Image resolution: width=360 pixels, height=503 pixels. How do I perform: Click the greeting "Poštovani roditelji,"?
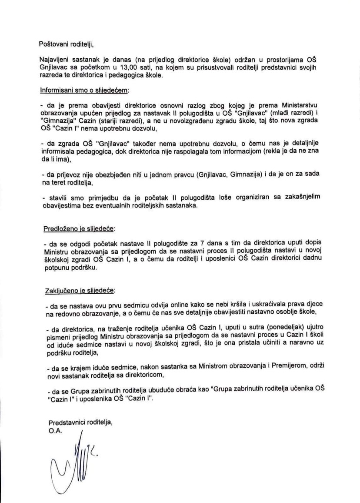[67, 44]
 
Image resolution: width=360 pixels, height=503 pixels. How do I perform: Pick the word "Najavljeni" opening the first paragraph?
[54, 60]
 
